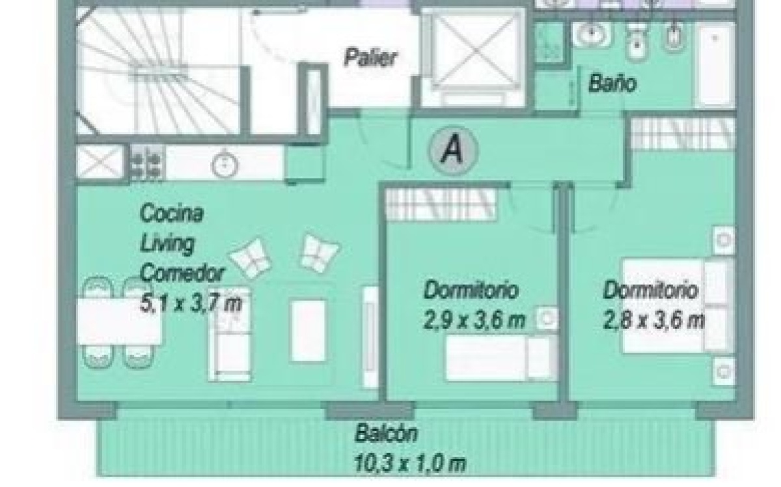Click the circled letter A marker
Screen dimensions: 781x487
click(453, 150)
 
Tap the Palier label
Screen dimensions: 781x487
click(370, 57)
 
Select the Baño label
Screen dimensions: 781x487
click(612, 84)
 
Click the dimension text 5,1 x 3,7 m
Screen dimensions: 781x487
click(191, 303)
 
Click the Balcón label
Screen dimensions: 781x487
click(385, 433)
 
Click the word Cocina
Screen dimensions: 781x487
click(171, 212)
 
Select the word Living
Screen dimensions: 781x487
click(167, 243)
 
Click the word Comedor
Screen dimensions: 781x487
click(182, 273)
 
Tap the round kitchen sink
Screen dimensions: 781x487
click(225, 165)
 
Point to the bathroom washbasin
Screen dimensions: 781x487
click(592, 35)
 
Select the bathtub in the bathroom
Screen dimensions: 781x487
click(715, 65)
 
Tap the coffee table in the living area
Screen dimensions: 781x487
click(308, 330)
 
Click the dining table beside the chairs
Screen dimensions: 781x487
click(119, 322)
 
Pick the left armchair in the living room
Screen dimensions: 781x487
click(251, 258)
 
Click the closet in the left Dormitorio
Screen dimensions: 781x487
click(441, 205)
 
